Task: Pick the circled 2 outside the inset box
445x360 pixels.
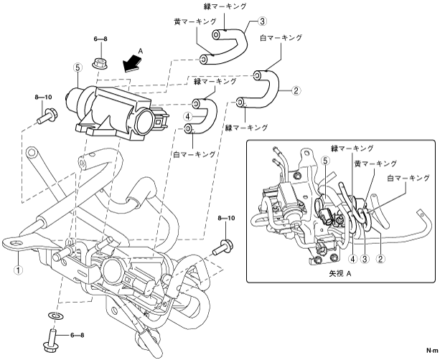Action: (295, 90)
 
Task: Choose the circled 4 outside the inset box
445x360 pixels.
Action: (187, 116)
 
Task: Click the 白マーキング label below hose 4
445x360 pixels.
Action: (193, 153)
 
